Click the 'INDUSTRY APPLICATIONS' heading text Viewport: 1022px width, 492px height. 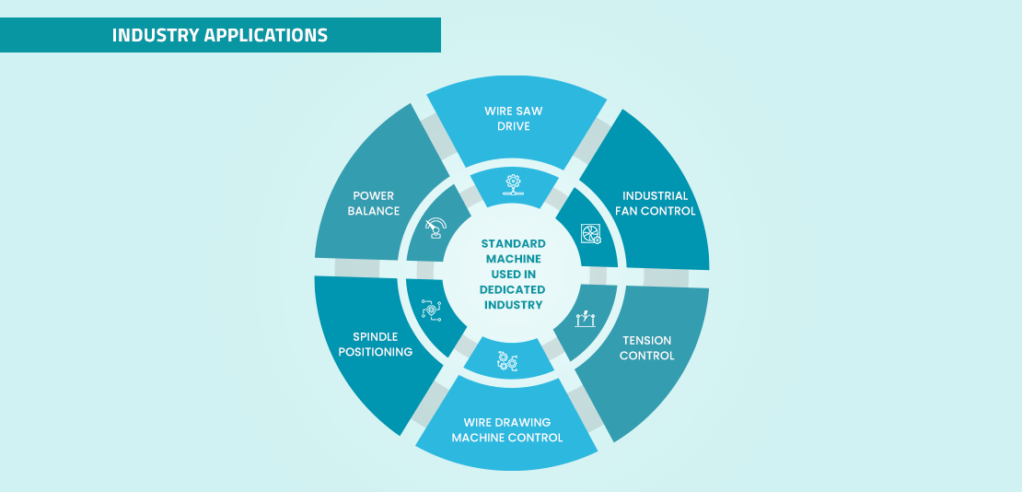[219, 36]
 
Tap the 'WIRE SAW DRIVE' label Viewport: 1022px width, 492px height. [513, 119]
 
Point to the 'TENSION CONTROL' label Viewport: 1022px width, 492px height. [646, 348]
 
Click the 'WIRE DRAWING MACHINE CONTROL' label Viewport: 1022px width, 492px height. [506, 430]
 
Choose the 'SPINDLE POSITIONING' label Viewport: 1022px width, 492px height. [375, 345]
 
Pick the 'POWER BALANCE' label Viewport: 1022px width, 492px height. [373, 204]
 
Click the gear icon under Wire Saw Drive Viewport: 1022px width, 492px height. [512, 183]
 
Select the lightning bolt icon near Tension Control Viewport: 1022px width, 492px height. [586, 319]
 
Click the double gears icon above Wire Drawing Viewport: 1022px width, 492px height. [507, 361]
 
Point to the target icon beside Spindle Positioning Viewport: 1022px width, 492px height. [429, 310]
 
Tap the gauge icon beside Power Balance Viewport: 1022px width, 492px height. [436, 227]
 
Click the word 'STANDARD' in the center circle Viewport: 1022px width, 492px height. [513, 244]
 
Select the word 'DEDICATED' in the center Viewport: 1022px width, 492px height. [513, 289]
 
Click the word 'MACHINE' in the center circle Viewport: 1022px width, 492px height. [513, 259]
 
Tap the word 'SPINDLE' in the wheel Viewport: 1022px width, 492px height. [375, 337]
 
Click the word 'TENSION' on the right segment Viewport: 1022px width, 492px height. [646, 341]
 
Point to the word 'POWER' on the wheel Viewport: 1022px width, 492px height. [373, 196]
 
